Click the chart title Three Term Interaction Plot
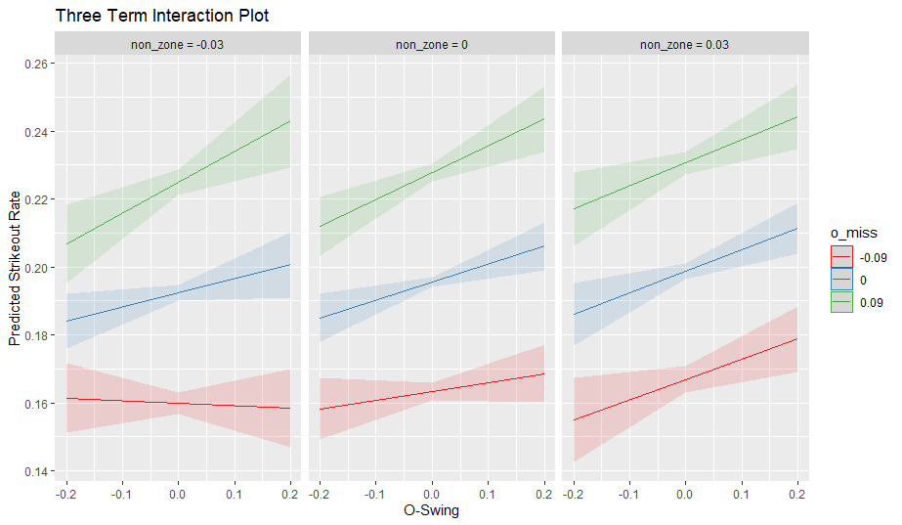[x=162, y=16]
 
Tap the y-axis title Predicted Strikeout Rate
[x=15, y=268]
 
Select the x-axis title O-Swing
[x=431, y=509]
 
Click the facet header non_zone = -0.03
[x=179, y=44]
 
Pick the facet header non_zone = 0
[x=431, y=44]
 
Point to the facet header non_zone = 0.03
[x=684, y=44]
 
